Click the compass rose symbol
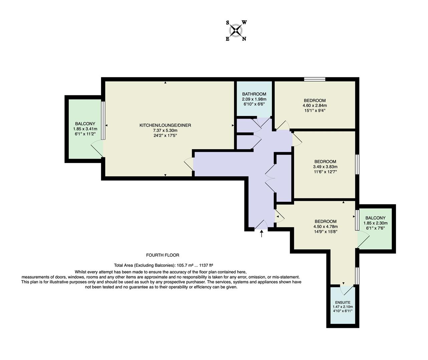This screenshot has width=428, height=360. [x=236, y=31]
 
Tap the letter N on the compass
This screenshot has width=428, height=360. [x=244, y=39]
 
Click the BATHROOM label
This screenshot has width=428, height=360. [x=254, y=94]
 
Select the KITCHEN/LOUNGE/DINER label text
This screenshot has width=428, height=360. [x=165, y=125]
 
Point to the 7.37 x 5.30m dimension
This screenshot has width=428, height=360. [x=165, y=130]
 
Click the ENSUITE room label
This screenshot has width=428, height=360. [x=343, y=303]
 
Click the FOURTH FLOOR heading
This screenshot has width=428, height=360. [x=162, y=255]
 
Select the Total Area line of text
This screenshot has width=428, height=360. [x=163, y=265]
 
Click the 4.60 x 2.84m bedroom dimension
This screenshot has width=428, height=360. [x=315, y=105]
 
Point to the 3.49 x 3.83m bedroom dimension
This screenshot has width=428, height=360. [x=325, y=167]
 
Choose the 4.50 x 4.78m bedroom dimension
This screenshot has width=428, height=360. [x=325, y=226]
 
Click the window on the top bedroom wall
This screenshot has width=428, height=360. [x=315, y=79]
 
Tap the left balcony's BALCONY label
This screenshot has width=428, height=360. [x=85, y=124]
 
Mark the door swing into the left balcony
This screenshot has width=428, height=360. [x=97, y=148]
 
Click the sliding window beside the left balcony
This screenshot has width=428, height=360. [x=103, y=120]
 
